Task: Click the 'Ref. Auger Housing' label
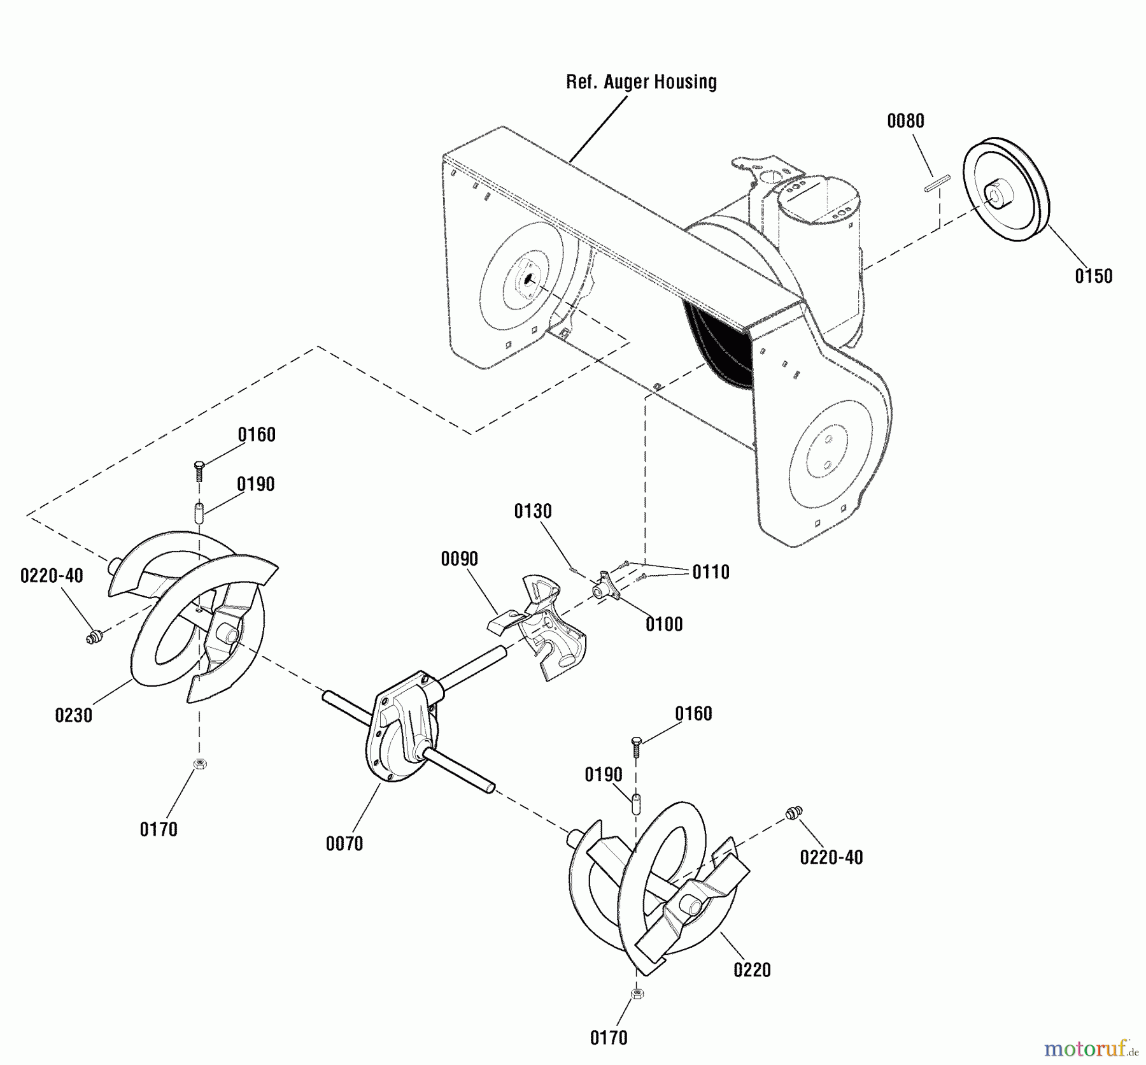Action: click(x=641, y=82)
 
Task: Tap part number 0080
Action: click(x=905, y=121)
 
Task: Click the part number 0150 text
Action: click(x=1093, y=276)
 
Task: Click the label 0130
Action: click(x=533, y=511)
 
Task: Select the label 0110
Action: click(x=711, y=572)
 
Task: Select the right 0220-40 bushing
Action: click(x=794, y=812)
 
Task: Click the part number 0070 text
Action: click(x=344, y=844)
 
